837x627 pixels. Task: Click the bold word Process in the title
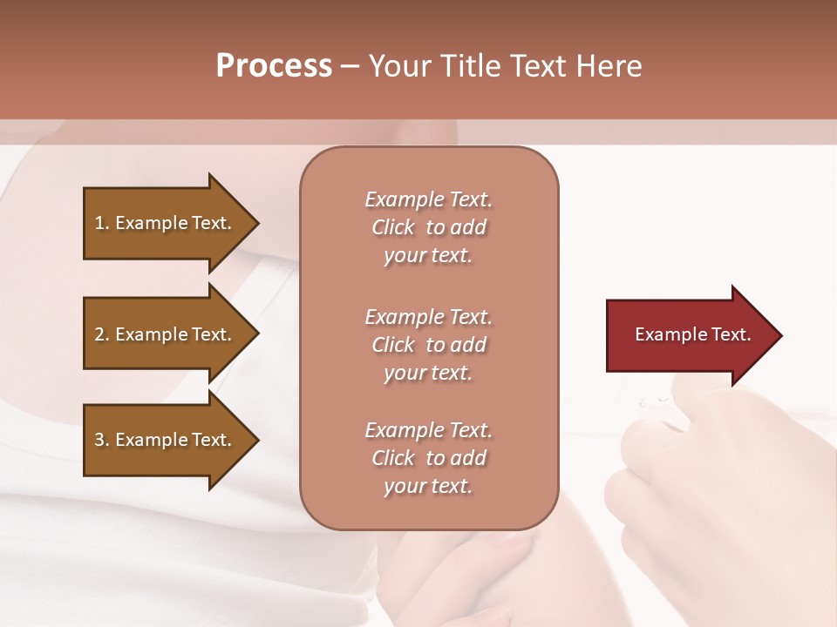(274, 66)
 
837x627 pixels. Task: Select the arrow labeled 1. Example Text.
(166, 223)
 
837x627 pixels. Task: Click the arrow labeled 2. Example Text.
(166, 334)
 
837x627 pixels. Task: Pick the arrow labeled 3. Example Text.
(166, 440)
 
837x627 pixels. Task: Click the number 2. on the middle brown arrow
(102, 334)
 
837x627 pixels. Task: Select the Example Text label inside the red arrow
(692, 334)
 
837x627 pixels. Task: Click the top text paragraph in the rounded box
(428, 227)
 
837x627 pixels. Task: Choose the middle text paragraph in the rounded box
(428, 345)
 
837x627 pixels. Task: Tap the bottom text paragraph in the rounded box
(428, 458)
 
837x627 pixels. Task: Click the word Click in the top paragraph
(392, 227)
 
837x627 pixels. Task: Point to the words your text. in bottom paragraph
(428, 487)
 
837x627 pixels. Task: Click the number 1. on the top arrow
(102, 223)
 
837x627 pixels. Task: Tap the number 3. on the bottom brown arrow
(102, 440)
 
